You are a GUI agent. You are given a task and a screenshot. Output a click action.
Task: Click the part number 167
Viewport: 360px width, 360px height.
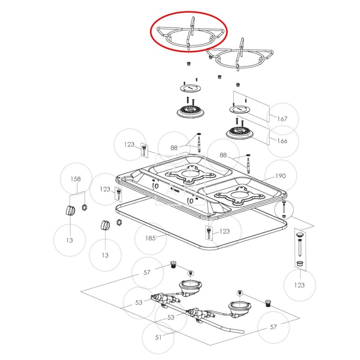pyautogui.click(x=282, y=119)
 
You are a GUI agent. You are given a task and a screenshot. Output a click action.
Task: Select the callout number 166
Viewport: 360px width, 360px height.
pyautogui.click(x=282, y=141)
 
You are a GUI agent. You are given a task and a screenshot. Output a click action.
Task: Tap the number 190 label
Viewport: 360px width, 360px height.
pyautogui.click(x=280, y=176)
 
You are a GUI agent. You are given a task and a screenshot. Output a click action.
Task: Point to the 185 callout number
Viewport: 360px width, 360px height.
pyautogui.click(x=150, y=238)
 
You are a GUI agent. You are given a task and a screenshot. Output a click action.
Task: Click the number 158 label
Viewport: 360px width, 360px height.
pyautogui.click(x=76, y=179)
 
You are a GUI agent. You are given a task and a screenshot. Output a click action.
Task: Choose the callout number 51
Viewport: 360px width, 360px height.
pyautogui.click(x=158, y=337)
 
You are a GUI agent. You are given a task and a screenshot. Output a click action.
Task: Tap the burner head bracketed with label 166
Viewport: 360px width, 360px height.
pyautogui.click(x=239, y=133)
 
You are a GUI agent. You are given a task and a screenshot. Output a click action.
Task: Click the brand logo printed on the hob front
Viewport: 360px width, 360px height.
pyautogui.click(x=175, y=190)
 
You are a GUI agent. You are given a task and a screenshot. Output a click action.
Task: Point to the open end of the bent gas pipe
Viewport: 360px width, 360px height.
pyautogui.click(x=243, y=332)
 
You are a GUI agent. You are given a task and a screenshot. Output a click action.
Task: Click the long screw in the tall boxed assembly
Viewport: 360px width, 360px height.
pyautogui.click(x=299, y=248)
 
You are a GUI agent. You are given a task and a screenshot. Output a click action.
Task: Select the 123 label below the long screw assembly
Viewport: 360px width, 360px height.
pyautogui.click(x=299, y=285)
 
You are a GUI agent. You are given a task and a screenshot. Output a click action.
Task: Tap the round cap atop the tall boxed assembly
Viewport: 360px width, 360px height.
pyautogui.click(x=300, y=234)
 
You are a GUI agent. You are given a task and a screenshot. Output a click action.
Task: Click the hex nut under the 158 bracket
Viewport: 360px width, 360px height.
pyautogui.click(x=84, y=207)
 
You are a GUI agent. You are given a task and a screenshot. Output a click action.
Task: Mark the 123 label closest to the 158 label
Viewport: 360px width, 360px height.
pyautogui.click(x=105, y=189)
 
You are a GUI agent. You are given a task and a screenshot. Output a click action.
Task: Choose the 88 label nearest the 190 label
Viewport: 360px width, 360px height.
pyautogui.click(x=223, y=155)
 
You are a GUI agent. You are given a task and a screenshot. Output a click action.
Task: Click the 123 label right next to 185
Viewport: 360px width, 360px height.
pyautogui.click(x=225, y=231)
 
